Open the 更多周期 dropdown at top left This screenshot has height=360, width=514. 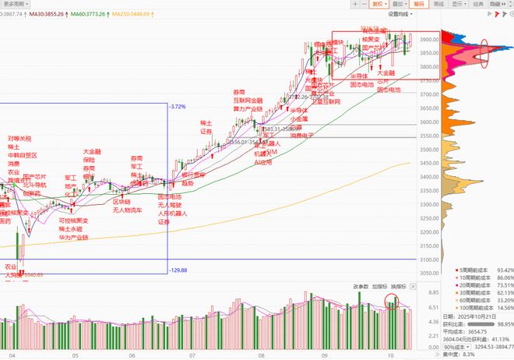click(17, 4)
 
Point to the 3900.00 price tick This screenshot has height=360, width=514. click(427, 39)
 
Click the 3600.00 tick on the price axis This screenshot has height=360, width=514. click(427, 122)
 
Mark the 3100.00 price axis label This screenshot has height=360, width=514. click(427, 259)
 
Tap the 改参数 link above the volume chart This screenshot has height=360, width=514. click(360, 287)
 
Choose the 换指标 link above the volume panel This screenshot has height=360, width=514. click(399, 287)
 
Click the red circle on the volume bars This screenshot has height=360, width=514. click(392, 301)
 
